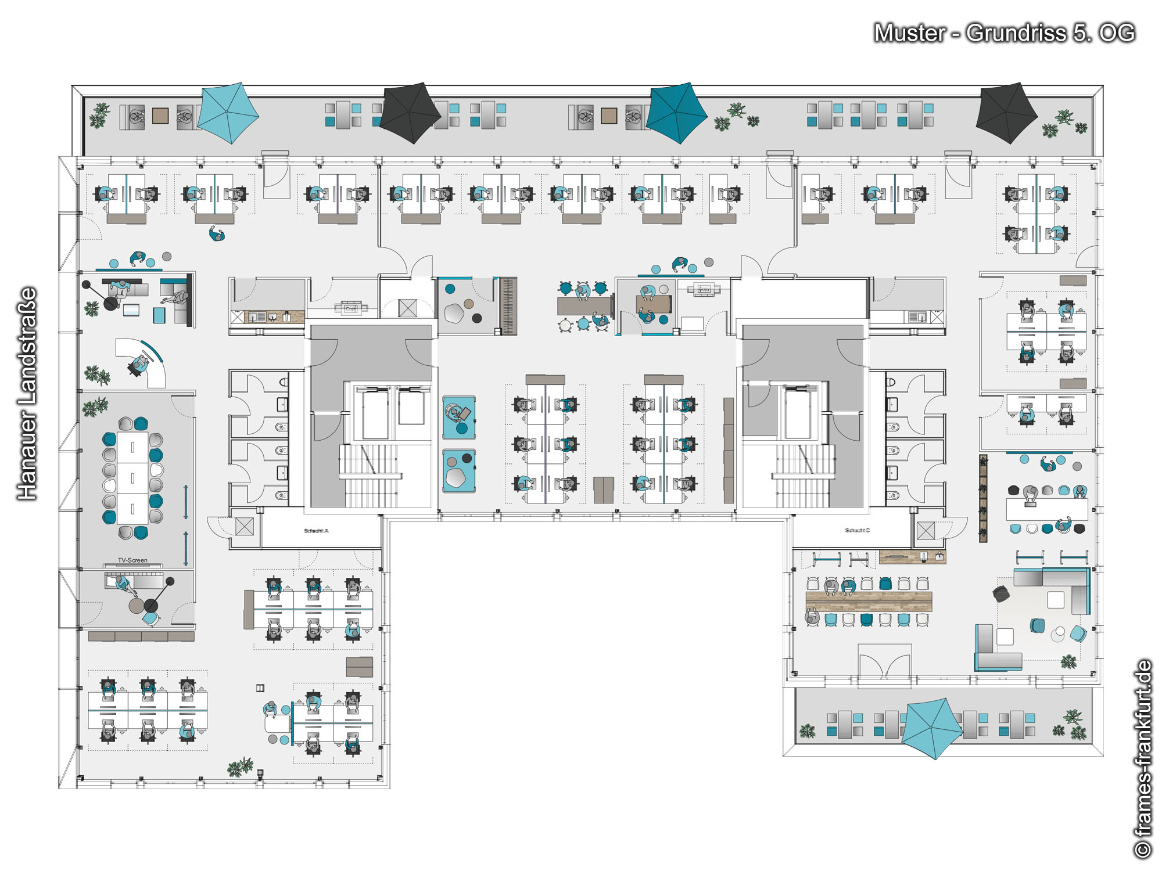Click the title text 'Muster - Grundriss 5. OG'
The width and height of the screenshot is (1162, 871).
(x=1004, y=33)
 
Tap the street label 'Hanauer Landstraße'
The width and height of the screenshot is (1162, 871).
(x=27, y=393)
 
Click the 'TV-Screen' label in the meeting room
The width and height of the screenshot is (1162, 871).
(x=132, y=560)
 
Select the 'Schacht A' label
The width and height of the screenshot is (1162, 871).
(x=316, y=531)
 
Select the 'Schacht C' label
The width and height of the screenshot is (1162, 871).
(x=858, y=530)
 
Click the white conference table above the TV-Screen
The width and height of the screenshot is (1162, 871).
(x=132, y=478)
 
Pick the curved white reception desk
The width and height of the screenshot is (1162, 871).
(x=148, y=363)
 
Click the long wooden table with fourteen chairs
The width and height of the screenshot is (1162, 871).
(x=869, y=602)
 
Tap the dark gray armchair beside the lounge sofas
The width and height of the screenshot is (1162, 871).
(x=1001, y=593)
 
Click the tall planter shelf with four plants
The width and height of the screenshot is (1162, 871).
(x=983, y=498)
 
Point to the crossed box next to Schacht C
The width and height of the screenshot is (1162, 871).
(x=926, y=531)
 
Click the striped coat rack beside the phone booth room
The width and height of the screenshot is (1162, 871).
(x=508, y=306)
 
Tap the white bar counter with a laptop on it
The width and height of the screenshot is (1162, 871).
(x=1046, y=509)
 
